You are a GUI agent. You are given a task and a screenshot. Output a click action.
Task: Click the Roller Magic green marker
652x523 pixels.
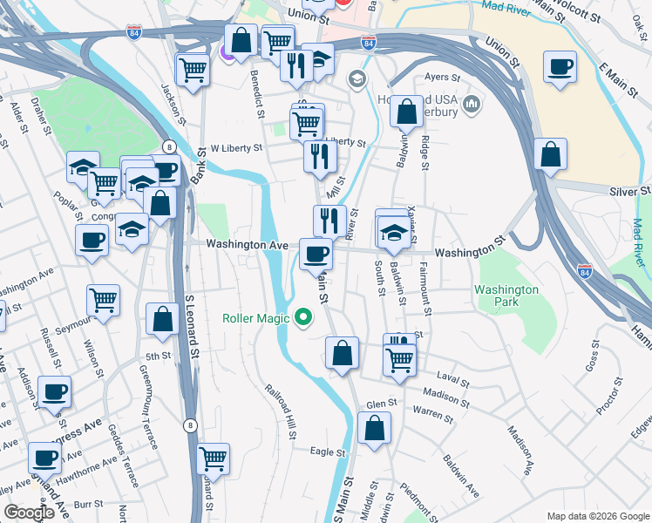[303, 317]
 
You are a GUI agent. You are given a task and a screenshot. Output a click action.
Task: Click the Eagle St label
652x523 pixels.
[329, 452]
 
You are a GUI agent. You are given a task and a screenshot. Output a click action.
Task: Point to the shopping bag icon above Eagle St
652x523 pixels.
[374, 429]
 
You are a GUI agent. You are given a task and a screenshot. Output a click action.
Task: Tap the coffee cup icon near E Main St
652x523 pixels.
[559, 67]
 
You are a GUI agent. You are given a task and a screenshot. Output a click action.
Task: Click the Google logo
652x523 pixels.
[28, 512]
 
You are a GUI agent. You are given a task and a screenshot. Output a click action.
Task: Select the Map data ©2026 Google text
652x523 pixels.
[598, 516]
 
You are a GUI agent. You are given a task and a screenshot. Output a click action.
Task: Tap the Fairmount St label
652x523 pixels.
[425, 289]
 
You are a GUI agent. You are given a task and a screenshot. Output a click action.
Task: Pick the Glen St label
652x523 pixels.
[382, 404]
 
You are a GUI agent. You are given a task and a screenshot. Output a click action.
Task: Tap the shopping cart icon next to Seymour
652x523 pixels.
[103, 301]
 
